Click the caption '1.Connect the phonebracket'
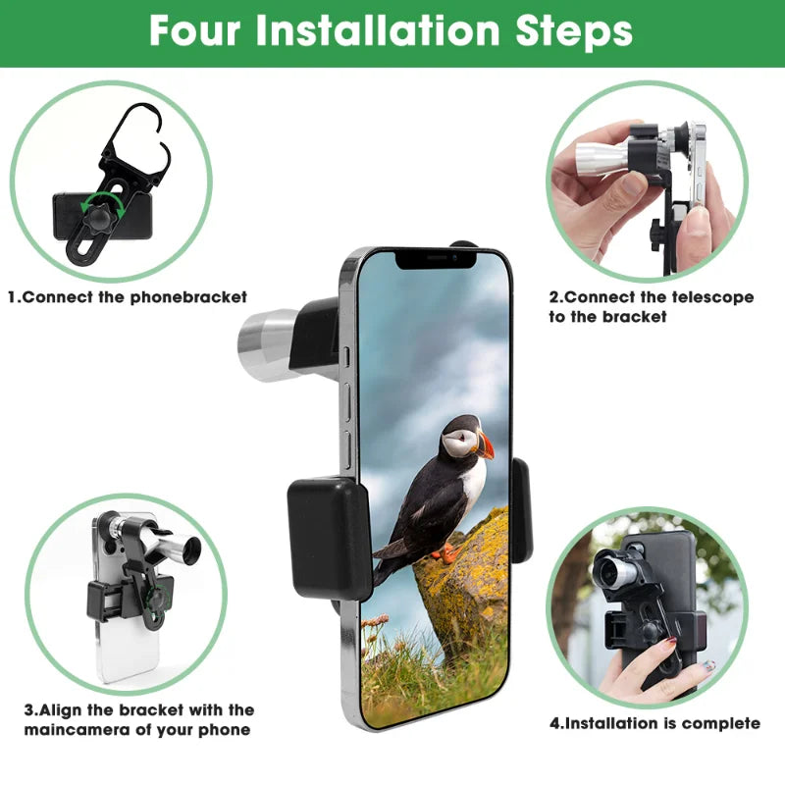pyautogui.click(x=128, y=296)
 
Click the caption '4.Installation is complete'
pyautogui.click(x=654, y=723)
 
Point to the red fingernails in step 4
pyautogui.click(x=670, y=643)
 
